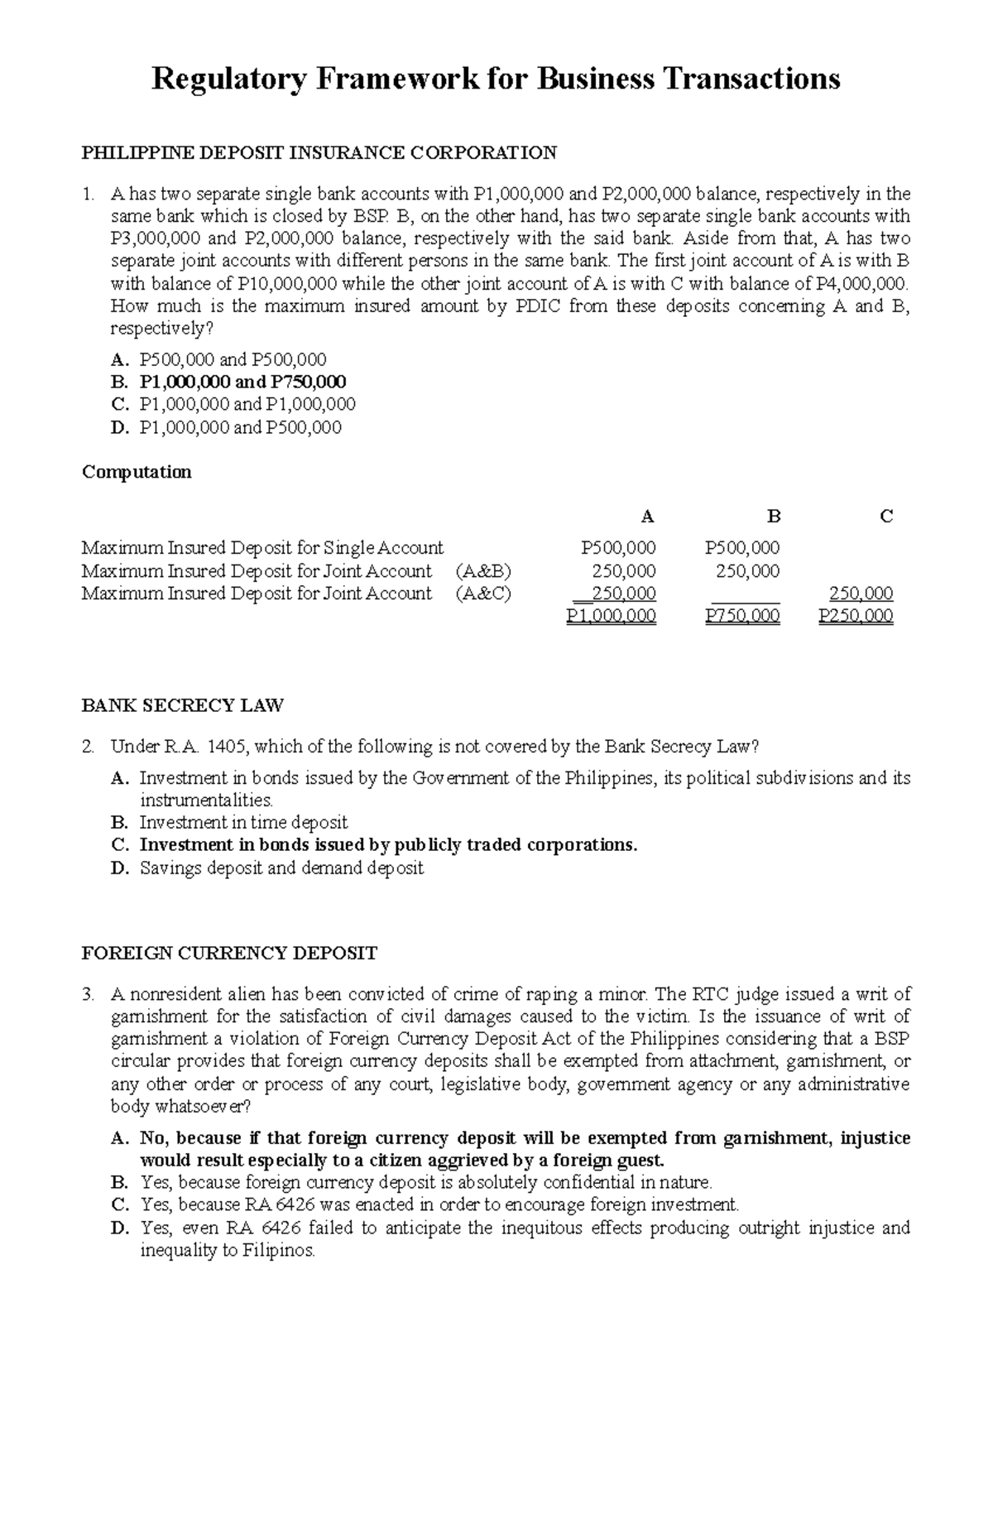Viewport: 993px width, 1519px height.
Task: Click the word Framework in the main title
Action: [x=391, y=79]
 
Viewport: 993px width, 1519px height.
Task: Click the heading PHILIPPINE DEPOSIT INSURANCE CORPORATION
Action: [x=319, y=153]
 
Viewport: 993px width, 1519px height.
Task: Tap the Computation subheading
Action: [x=137, y=472]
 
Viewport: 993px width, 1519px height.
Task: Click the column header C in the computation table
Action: [x=886, y=517]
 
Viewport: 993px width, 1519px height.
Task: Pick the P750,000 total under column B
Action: [x=742, y=616]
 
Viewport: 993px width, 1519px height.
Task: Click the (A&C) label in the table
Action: [x=484, y=594]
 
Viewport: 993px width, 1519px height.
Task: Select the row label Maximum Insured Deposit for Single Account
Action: [x=262, y=548]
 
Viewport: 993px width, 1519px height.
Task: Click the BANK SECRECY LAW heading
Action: [x=182, y=706]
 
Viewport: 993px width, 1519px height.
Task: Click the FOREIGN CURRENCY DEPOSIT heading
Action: [x=229, y=954]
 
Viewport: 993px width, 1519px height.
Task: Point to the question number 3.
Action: [x=88, y=994]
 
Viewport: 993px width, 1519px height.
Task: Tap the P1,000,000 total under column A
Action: [x=612, y=616]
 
